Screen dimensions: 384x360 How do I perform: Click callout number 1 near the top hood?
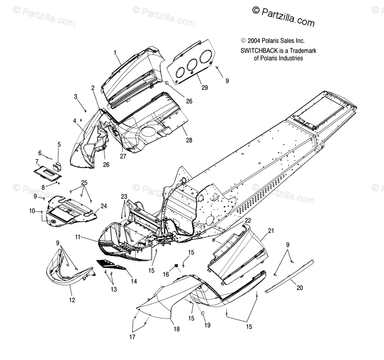pos(115,53)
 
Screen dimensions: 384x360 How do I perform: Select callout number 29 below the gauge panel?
pos(204,88)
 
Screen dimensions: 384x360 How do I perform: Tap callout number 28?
pos(189,140)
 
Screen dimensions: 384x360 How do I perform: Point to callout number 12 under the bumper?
pos(72,300)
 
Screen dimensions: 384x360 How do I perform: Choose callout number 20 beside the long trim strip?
pos(299,288)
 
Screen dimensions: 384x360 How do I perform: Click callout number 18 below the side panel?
pos(177,329)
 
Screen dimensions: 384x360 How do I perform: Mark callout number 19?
pos(207,325)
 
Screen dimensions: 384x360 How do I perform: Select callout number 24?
pos(104,206)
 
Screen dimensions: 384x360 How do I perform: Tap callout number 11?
pos(77,237)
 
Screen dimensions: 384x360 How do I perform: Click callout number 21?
pos(270,231)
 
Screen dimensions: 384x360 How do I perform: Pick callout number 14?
pos(134,281)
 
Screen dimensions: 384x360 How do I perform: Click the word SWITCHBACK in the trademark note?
pos(256,51)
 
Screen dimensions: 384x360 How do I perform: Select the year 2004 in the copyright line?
pos(254,41)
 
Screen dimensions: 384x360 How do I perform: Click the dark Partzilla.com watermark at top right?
pos(283,16)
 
